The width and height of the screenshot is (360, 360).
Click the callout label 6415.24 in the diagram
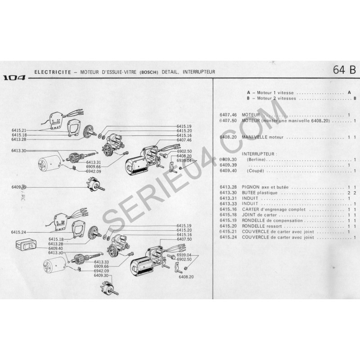pyautogui.click(x=19, y=232)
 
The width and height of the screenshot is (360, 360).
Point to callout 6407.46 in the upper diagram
pyautogui.click(x=184, y=140)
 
